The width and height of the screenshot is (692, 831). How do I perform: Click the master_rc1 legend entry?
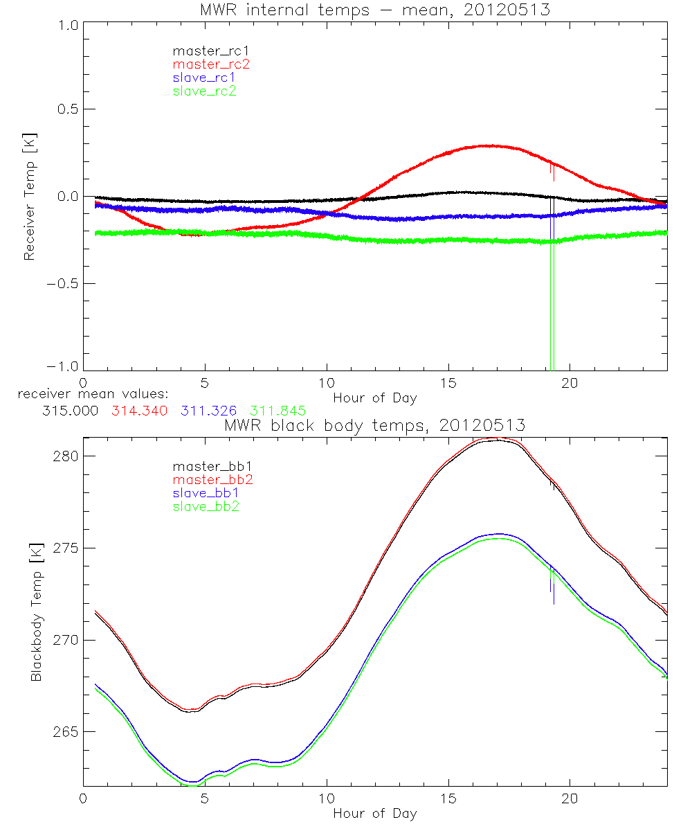pos(205,51)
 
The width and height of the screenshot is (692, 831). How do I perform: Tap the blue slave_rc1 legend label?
pos(205,78)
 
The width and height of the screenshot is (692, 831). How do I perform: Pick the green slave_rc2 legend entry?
pos(205,91)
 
